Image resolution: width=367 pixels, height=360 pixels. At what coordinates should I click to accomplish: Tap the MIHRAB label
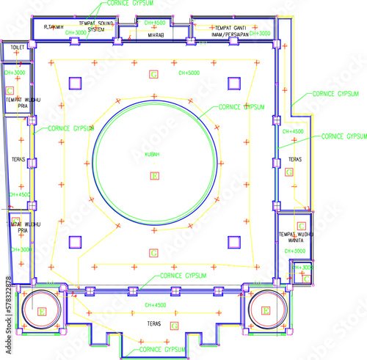(156, 34)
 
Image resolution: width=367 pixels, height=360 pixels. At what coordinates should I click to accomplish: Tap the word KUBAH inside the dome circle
(153, 154)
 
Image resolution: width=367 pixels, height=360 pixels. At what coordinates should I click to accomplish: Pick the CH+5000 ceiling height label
(189, 73)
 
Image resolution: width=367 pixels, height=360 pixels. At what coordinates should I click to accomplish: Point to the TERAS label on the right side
(295, 159)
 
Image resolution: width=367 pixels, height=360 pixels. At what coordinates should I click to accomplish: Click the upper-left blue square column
(75, 83)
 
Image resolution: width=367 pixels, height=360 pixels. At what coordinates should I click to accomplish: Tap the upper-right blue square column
(234, 83)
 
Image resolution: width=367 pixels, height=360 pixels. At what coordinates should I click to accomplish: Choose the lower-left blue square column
(75, 241)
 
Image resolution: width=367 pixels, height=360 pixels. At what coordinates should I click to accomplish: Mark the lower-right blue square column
(234, 241)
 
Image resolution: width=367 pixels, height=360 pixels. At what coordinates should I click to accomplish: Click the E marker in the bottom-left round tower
(41, 311)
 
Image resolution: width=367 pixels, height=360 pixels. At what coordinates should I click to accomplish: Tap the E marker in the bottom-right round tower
(266, 311)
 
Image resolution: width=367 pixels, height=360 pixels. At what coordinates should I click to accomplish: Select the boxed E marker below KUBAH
(154, 175)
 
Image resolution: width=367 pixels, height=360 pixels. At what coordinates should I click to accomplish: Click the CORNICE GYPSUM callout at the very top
(114, 4)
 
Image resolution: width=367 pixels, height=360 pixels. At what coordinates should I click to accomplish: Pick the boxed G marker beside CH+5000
(153, 75)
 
